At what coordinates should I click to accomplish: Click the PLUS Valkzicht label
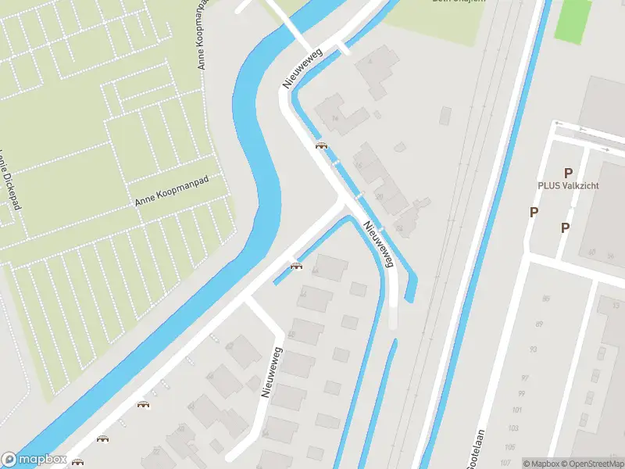pos(568,187)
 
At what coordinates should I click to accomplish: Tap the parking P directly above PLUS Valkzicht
pos(568,173)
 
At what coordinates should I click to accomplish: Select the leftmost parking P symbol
pos(534,212)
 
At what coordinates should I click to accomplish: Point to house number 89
pos(539,324)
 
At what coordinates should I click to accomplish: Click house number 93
pos(534,349)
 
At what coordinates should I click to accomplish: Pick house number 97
pos(523,378)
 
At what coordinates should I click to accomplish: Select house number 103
pos(513,428)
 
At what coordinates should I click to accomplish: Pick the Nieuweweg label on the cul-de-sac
pos(271,373)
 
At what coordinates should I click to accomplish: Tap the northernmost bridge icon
pos(320,145)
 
